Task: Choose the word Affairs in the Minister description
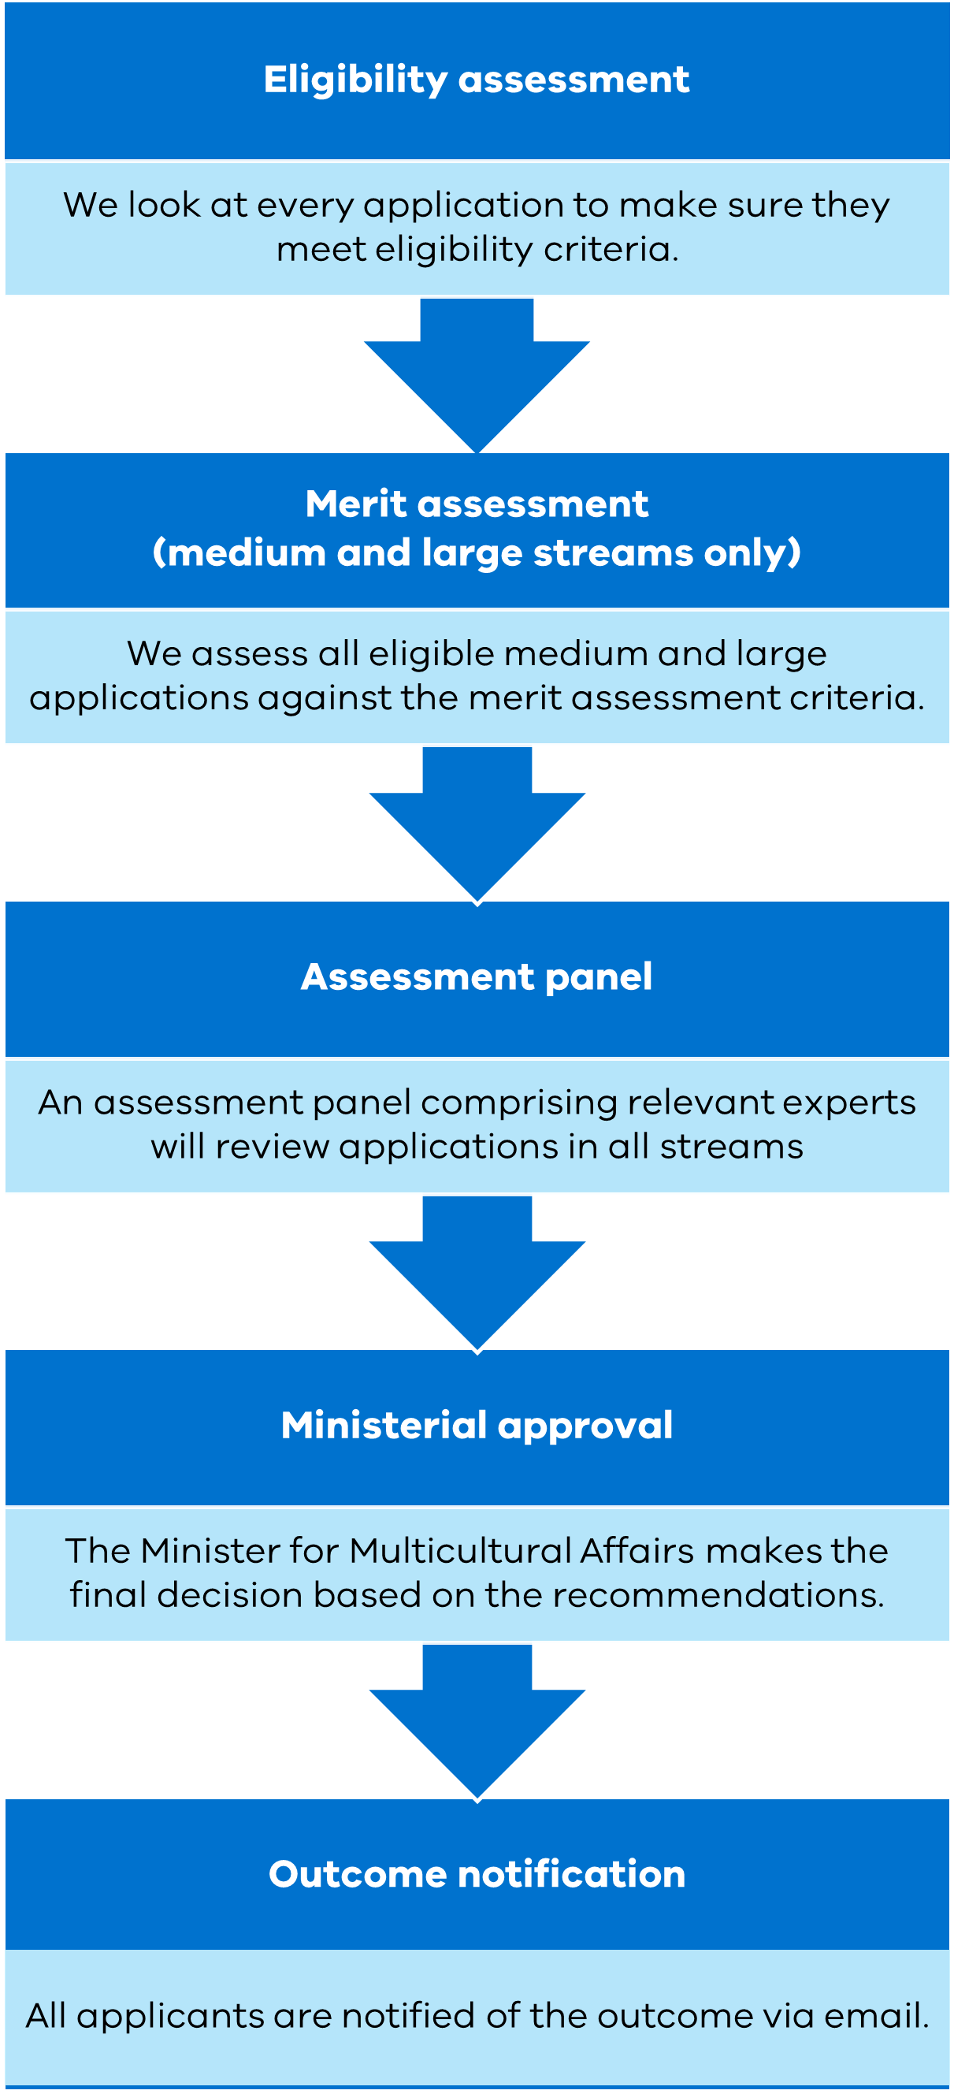click(x=637, y=1551)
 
